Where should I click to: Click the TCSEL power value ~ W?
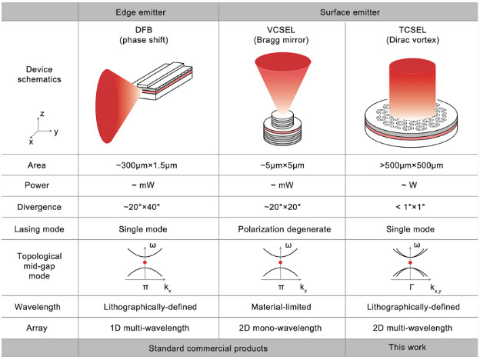coord(412,185)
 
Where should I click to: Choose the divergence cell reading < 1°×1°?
coord(412,208)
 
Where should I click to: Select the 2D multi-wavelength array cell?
coord(412,327)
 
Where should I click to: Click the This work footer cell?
coord(412,348)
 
